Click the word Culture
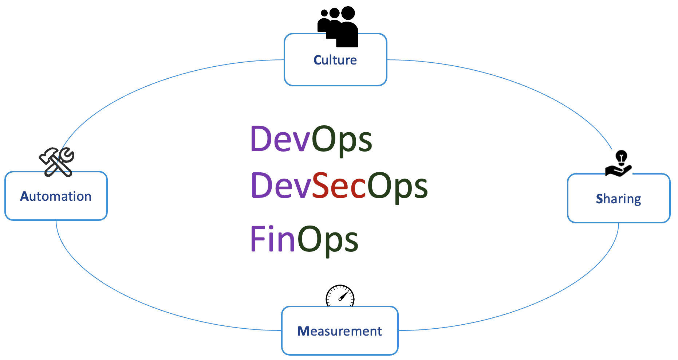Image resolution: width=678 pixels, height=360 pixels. coord(335,60)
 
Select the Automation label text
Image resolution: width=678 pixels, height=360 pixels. coord(56,196)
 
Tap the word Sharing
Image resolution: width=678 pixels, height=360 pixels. coord(618,199)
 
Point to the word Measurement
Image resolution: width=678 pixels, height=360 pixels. coord(339,331)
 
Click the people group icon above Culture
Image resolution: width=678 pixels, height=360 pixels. coord(338,27)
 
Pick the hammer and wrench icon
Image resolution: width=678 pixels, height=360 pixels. coord(57,162)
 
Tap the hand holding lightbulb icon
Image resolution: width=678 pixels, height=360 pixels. coord(618,164)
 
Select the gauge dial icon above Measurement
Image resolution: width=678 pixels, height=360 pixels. coord(340,296)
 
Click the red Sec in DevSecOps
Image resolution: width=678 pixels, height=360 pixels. coord(339,186)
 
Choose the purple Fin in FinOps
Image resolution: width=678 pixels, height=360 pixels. coord(272,239)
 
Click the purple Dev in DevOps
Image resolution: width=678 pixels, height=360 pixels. coord(280,139)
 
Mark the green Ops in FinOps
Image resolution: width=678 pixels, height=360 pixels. coord(328,239)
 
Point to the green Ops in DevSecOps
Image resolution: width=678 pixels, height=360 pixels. coord(397,186)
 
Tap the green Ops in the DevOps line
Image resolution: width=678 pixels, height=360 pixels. coord(342,139)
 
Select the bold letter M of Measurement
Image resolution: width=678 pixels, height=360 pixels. coord(303,331)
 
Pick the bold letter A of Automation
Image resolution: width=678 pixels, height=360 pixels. coord(24,196)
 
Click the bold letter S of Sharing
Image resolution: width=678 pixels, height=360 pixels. coord(599,199)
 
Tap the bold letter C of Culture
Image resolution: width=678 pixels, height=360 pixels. coord(318,60)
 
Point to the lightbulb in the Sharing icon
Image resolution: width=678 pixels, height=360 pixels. coord(621,157)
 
